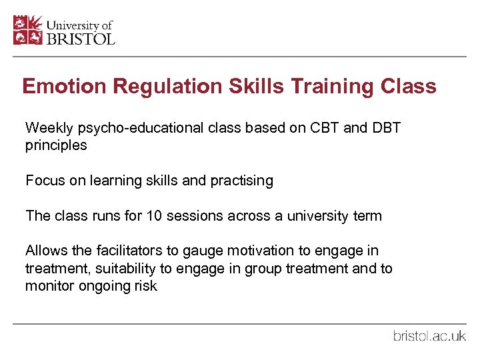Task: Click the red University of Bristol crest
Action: (x=29, y=30)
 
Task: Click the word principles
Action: (x=56, y=145)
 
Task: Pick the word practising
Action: (x=241, y=181)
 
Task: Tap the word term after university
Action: (x=367, y=216)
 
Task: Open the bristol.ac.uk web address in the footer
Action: (x=429, y=336)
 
